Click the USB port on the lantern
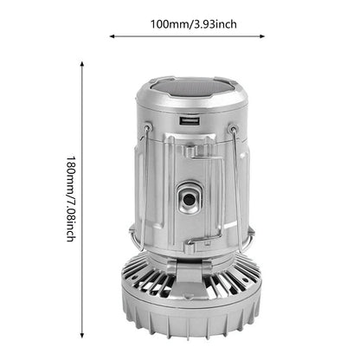coord(190,121)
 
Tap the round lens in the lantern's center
coord(190,199)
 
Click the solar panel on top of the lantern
coord(192,87)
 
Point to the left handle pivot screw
coord(147,127)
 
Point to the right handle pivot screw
coord(233,129)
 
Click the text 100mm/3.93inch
coord(194,24)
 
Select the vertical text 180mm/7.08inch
coord(71,199)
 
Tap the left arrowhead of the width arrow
coord(112,36)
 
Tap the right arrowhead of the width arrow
coord(262,36)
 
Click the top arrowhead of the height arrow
coord(82,64)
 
